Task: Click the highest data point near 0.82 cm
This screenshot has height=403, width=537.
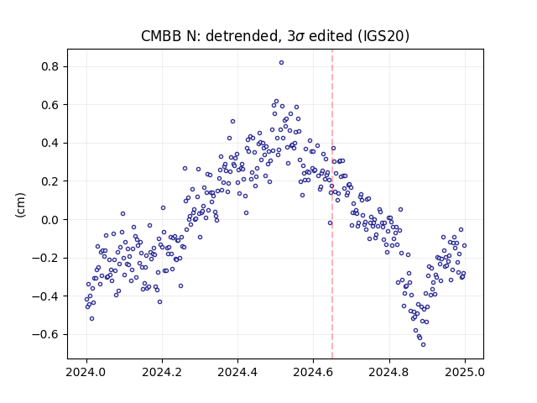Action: pos(282,63)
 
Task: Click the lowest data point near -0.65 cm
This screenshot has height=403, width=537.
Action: pos(423,345)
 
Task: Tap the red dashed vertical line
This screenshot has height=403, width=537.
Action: pos(332,204)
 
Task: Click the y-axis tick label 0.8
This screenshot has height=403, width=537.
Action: pos(50,66)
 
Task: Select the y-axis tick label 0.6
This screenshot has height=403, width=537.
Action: pos(50,105)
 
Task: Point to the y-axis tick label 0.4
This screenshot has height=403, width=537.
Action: pos(50,143)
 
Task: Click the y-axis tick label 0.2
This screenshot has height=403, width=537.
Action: pos(50,181)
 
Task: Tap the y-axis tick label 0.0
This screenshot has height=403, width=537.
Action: pos(50,220)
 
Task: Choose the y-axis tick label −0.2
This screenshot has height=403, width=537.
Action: pos(44,258)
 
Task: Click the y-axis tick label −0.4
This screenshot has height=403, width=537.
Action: pos(44,296)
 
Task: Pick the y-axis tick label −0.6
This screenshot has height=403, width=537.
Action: pos(44,334)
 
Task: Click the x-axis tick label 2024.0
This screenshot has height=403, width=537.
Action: pos(86,372)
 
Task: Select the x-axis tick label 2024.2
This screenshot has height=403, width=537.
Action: pos(162,372)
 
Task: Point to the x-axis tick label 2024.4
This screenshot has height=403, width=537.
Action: pos(237,372)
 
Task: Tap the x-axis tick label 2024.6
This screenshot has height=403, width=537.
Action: pos(313,372)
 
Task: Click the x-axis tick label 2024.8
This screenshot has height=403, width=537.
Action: pos(389,372)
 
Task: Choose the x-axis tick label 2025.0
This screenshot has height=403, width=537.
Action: pos(465,372)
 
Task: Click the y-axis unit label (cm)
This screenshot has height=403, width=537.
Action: pos(20,205)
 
